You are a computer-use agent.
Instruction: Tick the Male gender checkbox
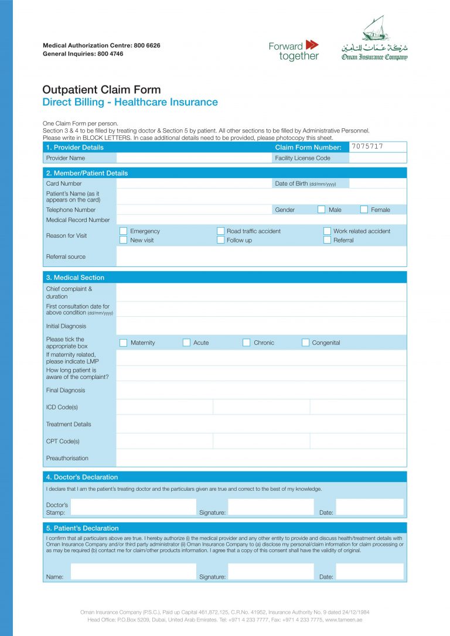click(321, 210)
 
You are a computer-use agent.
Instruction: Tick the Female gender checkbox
click(364, 210)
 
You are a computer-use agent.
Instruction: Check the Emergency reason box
click(123, 231)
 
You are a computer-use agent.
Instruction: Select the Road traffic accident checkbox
click(220, 231)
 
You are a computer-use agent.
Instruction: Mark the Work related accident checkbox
click(327, 231)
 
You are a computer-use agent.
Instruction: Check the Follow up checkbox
click(220, 240)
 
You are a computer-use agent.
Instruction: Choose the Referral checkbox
click(327, 240)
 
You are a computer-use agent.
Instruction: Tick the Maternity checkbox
click(123, 343)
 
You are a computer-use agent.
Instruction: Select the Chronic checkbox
click(247, 343)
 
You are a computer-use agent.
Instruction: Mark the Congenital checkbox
click(305, 343)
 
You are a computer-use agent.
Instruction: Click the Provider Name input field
click(193, 158)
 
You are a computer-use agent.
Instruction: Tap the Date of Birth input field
click(377, 183)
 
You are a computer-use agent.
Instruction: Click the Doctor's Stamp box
click(133, 507)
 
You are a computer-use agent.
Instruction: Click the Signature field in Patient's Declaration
click(270, 572)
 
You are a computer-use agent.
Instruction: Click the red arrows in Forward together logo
click(312, 45)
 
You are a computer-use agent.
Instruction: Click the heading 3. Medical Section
click(75, 277)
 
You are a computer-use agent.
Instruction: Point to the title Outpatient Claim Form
click(101, 90)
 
